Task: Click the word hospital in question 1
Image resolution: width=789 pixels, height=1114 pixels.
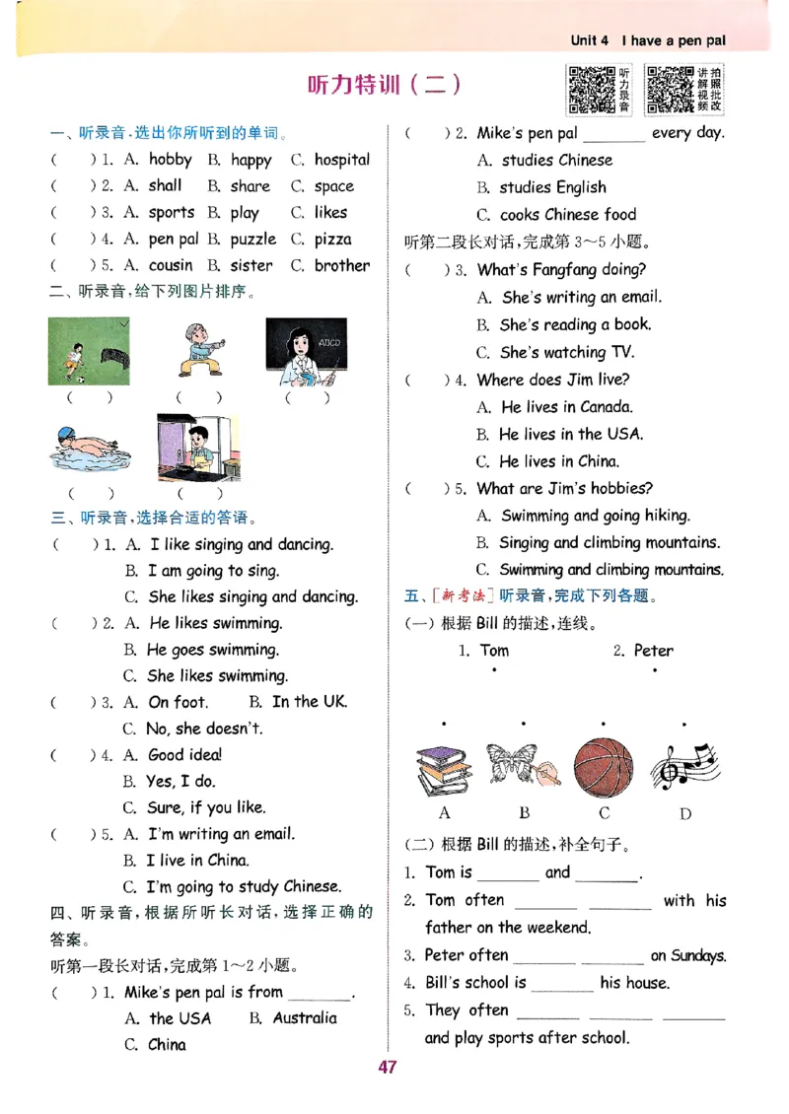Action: [x=341, y=160]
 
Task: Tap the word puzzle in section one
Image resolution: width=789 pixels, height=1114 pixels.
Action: [x=253, y=240]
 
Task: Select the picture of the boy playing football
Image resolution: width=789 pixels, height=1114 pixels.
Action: [x=89, y=352]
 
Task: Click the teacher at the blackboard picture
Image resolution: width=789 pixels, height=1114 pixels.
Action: [x=306, y=352]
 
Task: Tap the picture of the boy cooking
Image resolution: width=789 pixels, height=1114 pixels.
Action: [x=197, y=448]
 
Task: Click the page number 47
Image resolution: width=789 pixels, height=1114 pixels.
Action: [x=387, y=1067]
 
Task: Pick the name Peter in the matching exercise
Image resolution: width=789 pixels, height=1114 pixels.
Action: [x=653, y=651]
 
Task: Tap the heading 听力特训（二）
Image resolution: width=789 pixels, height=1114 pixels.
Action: [x=385, y=85]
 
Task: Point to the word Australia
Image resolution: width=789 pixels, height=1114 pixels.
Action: [x=305, y=1018]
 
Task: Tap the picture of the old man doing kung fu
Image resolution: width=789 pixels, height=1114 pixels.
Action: [x=199, y=352]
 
